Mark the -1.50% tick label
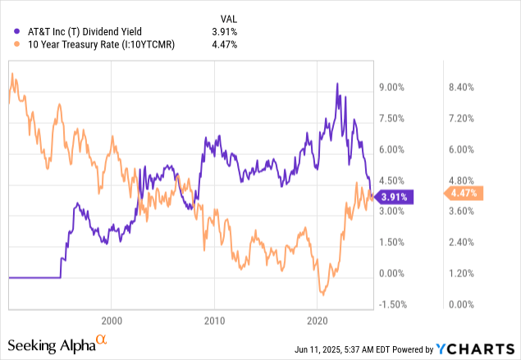pos(394,304)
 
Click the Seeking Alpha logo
pos(57,343)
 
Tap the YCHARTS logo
pos(480,346)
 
